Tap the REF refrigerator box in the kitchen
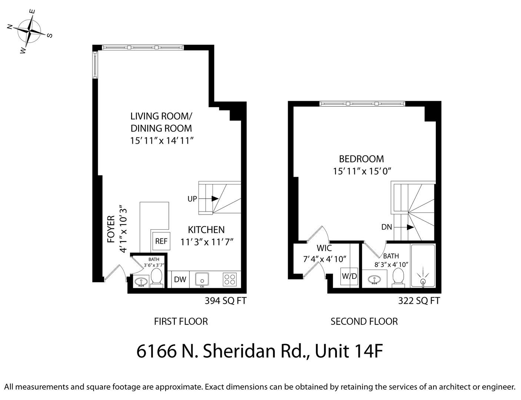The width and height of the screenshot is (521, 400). [161, 241]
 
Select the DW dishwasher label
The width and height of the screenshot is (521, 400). [180, 280]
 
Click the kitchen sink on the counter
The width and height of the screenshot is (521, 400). [202, 279]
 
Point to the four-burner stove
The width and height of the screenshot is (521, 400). [230, 279]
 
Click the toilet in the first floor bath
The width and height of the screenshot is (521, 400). [156, 277]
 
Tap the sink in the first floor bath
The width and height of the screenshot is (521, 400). [140, 282]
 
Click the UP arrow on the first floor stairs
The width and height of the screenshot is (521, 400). [214, 199]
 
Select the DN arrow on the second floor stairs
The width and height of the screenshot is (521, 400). [410, 227]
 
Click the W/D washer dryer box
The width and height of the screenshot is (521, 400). [349, 276]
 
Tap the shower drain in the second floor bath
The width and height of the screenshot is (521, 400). [423, 282]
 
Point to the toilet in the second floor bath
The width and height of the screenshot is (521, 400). [398, 277]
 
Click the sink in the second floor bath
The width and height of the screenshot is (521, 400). [374, 280]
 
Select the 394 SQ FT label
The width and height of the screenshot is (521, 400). [226, 301]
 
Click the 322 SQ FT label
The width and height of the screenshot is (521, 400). [419, 301]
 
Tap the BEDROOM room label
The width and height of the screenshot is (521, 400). [361, 159]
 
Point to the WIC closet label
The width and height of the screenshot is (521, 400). [324, 248]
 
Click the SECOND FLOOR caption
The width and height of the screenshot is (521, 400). [364, 321]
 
